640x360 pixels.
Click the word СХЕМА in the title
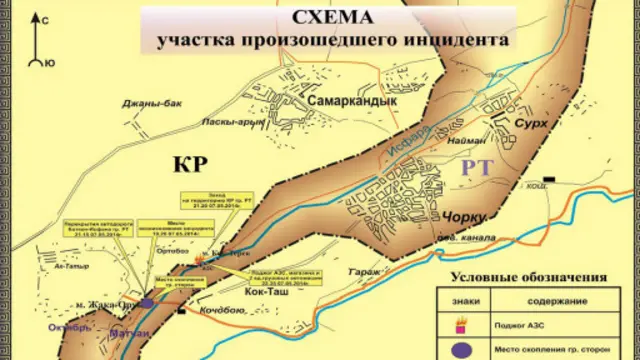(x=333, y=18)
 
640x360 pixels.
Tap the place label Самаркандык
(x=352, y=100)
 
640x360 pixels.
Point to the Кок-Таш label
(x=262, y=291)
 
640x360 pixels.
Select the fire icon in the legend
(x=462, y=323)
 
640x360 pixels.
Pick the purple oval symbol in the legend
(x=463, y=351)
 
